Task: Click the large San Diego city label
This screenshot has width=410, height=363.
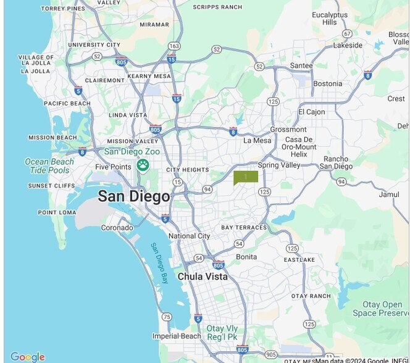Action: click(x=133, y=197)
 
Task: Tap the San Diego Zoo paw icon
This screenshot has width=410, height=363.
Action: click(x=143, y=165)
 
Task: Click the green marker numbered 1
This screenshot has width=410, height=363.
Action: click(x=245, y=177)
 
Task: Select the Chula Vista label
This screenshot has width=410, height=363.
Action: click(x=203, y=277)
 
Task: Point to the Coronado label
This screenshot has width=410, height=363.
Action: click(x=117, y=228)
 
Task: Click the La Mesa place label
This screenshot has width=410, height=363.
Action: click(x=257, y=140)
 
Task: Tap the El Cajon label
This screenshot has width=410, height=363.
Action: click(x=311, y=112)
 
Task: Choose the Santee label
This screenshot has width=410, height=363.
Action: click(x=301, y=65)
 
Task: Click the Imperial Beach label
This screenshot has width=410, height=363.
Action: click(x=177, y=336)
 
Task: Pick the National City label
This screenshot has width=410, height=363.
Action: click(x=189, y=236)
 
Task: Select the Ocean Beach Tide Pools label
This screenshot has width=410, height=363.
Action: click(x=49, y=165)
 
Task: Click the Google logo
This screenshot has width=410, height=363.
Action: click(x=28, y=356)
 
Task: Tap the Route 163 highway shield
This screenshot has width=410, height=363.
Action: click(x=174, y=46)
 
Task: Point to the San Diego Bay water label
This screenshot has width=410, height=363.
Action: click(x=159, y=263)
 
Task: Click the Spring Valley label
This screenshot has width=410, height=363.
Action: click(x=278, y=165)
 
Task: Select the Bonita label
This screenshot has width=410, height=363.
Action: click(x=246, y=256)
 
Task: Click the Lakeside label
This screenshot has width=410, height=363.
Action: click(x=348, y=45)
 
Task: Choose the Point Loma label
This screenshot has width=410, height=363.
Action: click(x=57, y=212)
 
